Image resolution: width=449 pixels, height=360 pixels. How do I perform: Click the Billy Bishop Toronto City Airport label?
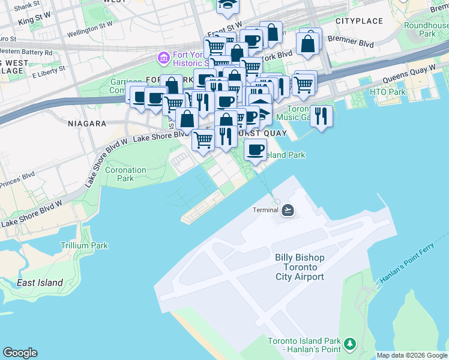tap(300, 267)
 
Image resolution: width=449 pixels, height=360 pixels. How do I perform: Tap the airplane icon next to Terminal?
tap(288, 209)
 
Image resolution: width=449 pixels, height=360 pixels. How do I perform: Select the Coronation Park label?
tap(125, 174)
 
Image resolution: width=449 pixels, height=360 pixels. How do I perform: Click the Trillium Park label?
tap(84, 245)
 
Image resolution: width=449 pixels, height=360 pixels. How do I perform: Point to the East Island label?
tap(40, 283)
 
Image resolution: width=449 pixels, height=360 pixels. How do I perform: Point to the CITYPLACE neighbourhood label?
tap(359, 21)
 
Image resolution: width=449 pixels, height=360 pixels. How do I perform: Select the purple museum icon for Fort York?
tap(163, 58)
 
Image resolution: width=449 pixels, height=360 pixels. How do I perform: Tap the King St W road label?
tap(35, 21)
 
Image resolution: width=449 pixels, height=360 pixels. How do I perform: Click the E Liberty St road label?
tap(48, 73)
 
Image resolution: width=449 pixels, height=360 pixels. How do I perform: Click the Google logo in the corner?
tap(20, 353)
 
